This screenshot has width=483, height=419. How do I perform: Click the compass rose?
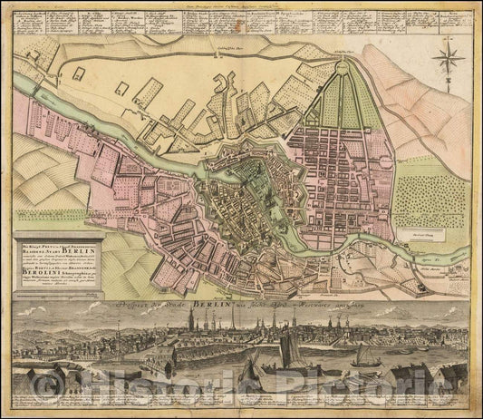(x=448, y=63)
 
